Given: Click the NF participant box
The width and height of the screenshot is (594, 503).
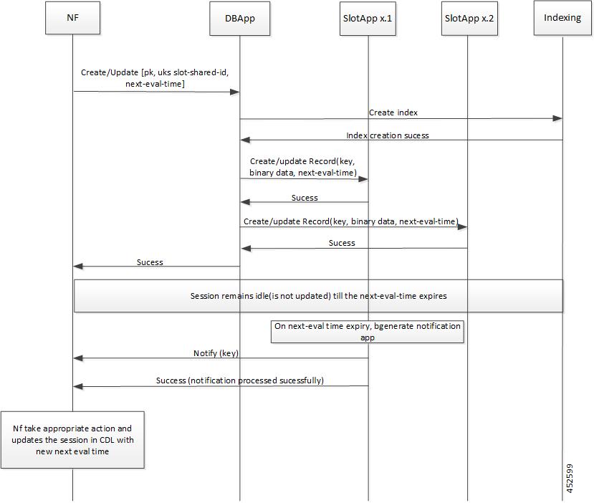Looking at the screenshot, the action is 73,18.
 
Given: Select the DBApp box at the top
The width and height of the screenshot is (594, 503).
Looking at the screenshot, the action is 240,19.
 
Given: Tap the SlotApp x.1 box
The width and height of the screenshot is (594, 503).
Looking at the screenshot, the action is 368,19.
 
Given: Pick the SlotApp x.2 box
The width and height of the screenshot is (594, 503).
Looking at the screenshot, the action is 469,19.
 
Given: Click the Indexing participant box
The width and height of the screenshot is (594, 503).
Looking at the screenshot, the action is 562,18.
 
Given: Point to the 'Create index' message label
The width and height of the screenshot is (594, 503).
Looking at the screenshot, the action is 393,112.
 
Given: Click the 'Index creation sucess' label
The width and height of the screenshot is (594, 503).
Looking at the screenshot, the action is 388,135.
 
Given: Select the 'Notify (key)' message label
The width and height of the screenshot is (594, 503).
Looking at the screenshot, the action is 216,353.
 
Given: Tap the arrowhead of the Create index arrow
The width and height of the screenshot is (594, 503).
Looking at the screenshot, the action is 557,118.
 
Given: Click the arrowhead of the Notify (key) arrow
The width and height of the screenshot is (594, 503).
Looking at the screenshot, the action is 78,358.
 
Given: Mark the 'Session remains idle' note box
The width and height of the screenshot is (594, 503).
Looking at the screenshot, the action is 318,296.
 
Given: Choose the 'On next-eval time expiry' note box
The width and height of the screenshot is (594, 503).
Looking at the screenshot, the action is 368,332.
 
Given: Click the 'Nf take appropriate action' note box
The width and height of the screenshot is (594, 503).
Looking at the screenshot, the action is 72,440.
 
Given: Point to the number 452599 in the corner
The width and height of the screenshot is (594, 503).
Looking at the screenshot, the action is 570,479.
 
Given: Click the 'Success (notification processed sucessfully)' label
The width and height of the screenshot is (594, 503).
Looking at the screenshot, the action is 240,380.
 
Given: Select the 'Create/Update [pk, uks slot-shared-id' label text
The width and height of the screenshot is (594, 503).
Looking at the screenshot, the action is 155,72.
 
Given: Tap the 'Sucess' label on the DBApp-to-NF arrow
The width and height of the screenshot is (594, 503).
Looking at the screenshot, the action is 150,262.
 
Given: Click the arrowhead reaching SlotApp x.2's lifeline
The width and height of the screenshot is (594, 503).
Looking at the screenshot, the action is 462,227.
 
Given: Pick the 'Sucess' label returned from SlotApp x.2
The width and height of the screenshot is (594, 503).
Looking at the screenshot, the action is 342,243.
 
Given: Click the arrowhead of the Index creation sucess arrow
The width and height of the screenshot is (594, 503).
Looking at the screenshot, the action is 246,140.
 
